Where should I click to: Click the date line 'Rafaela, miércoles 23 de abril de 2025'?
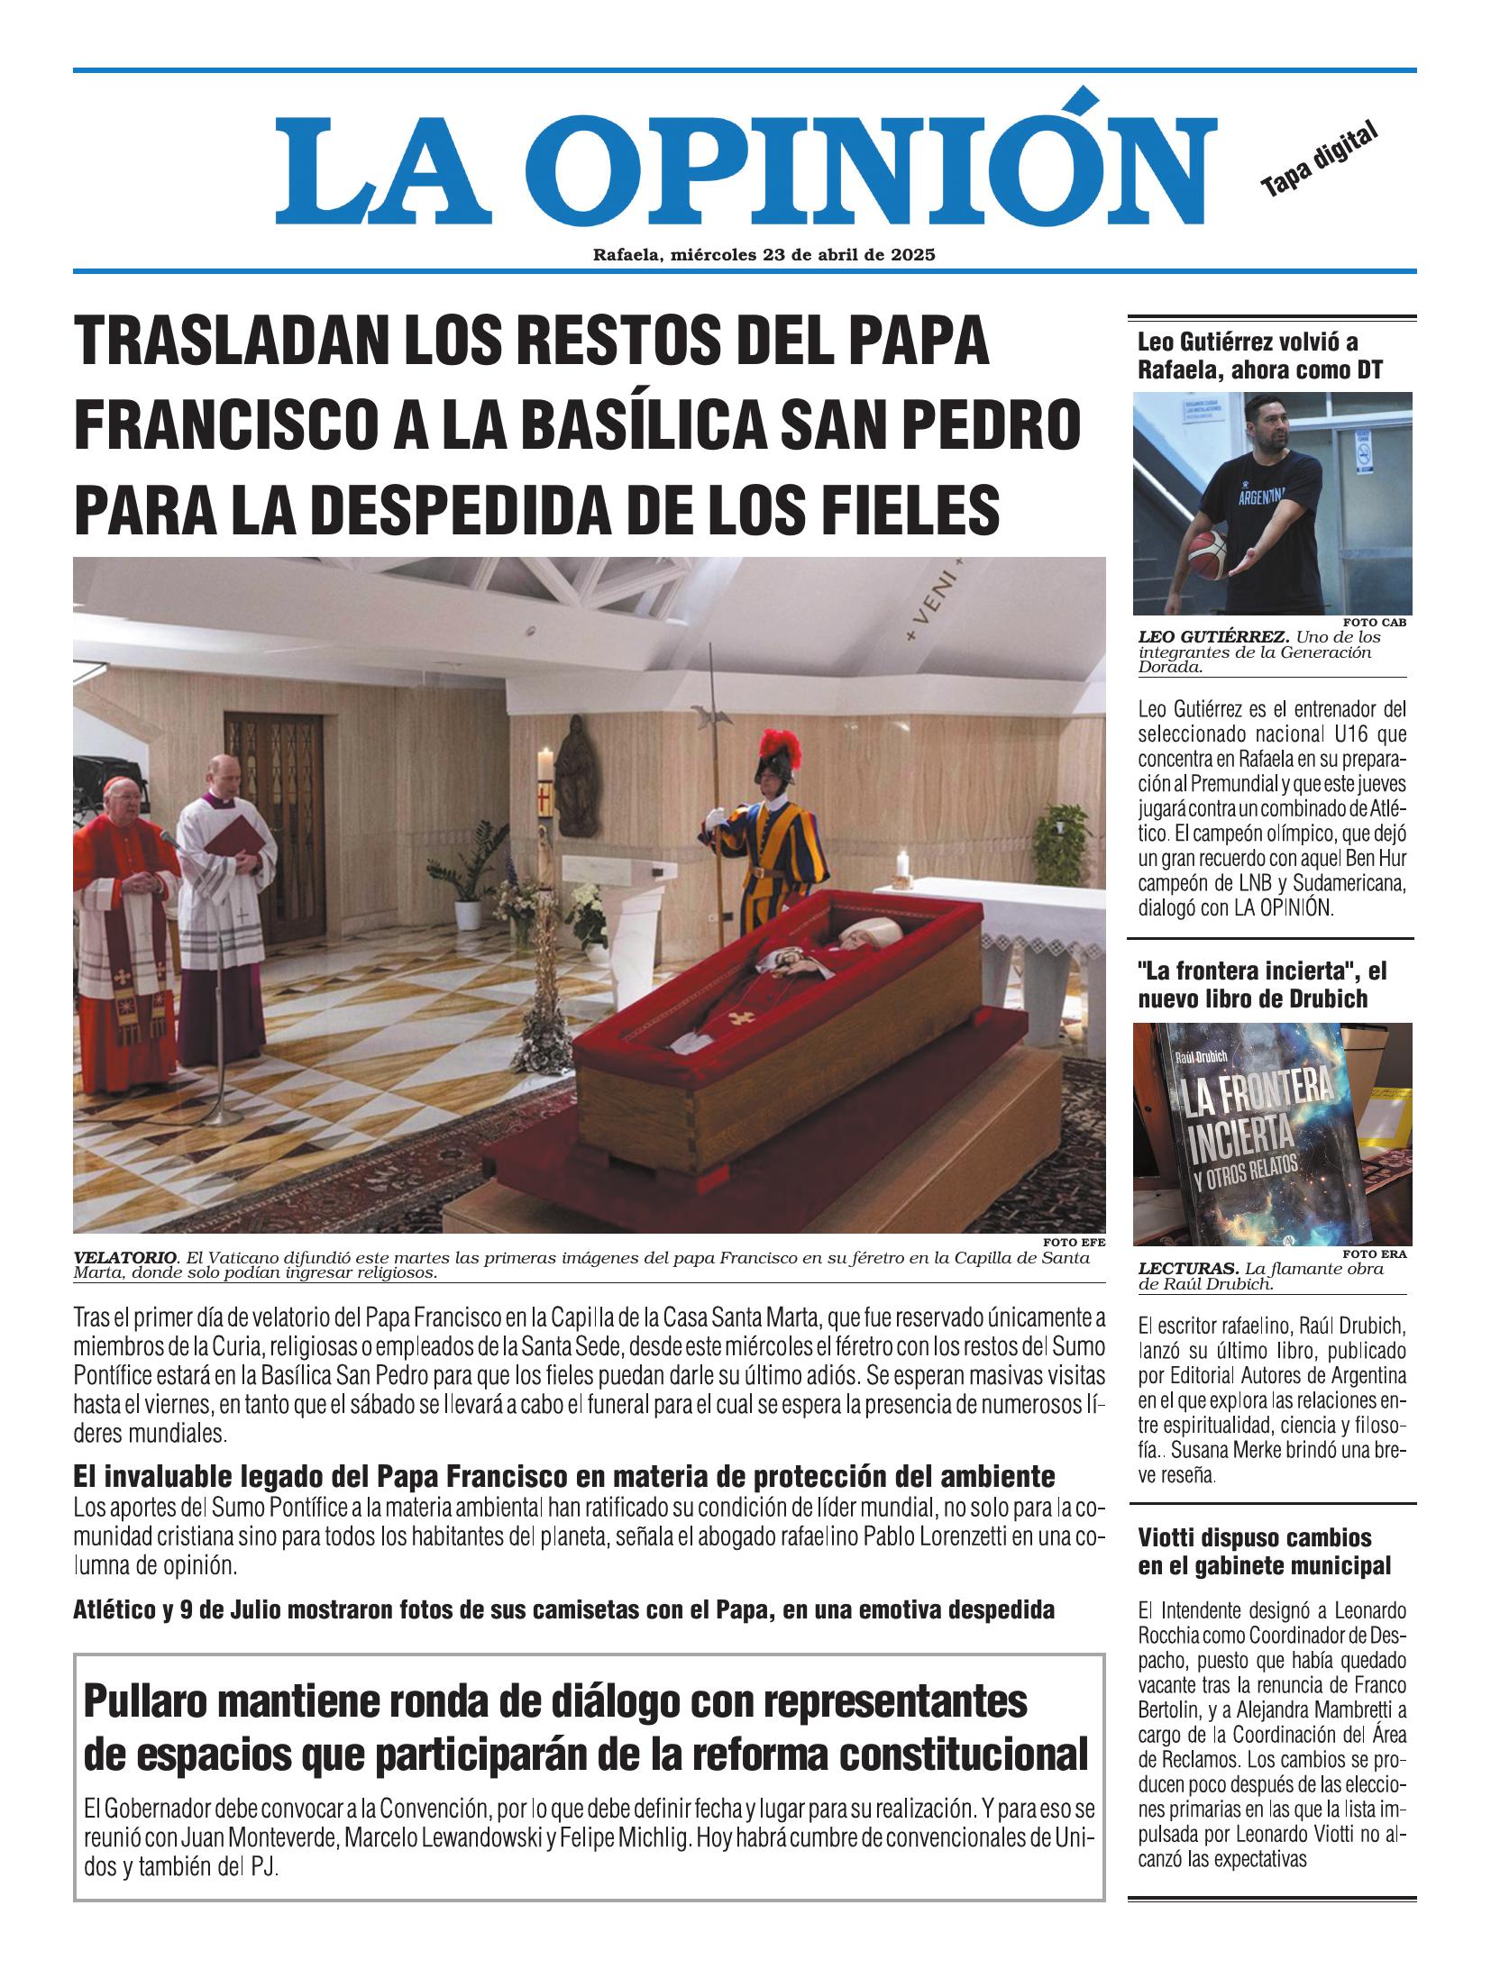coord(764,255)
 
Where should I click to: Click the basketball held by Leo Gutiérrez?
coord(1203,550)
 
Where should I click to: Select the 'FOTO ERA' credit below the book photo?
coord(1374,1253)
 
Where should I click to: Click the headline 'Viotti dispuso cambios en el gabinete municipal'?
coord(1264,1552)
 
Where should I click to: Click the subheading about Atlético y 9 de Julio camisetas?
coord(563,1609)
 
